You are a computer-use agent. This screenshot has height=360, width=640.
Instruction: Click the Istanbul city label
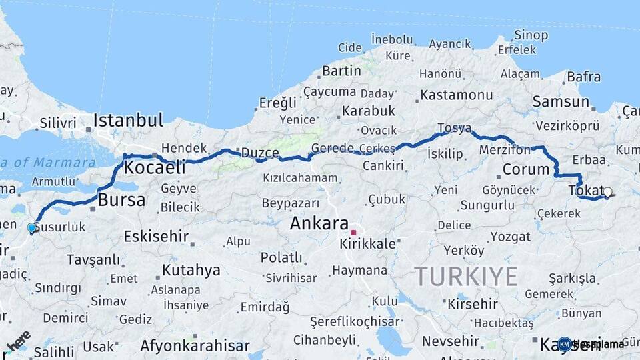click(128, 121)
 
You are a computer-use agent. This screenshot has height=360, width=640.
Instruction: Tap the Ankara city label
click(319, 224)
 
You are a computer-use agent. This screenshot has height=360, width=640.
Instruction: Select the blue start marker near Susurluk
click(31, 228)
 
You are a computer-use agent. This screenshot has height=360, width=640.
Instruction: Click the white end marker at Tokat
click(607, 192)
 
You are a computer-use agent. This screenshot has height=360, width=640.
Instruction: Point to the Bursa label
click(121, 199)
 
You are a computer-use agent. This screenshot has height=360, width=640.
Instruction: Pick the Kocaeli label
click(155, 167)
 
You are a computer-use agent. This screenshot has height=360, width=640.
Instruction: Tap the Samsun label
click(561, 102)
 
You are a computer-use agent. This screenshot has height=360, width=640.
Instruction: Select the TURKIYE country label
click(465, 276)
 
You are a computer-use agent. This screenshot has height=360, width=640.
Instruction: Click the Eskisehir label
click(156, 237)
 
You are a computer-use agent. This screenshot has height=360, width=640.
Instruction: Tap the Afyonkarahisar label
click(193, 345)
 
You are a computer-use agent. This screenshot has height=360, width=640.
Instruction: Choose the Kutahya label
click(191, 270)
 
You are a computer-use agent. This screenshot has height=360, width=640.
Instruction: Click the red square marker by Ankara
click(354, 233)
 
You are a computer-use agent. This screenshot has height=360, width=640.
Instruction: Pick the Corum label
click(526, 169)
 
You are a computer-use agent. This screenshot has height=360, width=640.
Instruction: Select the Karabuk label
click(369, 111)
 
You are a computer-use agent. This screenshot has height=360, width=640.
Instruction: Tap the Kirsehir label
click(473, 304)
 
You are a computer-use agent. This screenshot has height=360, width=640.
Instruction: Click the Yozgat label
click(491, 236)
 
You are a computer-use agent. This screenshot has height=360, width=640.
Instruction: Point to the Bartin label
click(341, 71)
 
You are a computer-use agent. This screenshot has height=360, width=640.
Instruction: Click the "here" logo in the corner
click(18, 339)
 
